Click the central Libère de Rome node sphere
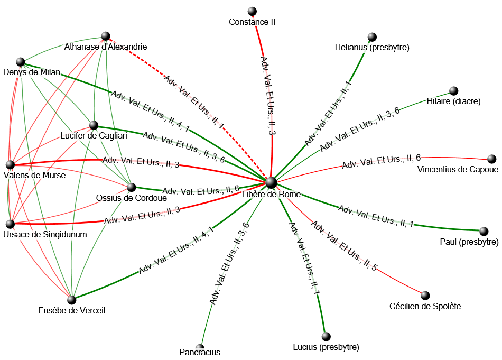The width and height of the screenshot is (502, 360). point(271,182)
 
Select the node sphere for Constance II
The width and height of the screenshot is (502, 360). point(252,12)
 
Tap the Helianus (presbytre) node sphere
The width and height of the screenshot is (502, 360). point(372,37)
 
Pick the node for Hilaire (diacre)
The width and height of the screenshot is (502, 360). point(453,91)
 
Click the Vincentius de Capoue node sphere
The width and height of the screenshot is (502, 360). point(491,159)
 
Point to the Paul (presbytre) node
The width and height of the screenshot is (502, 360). point(484,232)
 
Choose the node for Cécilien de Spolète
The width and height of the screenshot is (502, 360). point(425,295)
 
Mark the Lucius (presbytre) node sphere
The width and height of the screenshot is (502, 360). point(326,336)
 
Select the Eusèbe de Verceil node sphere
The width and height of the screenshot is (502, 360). point(71,300)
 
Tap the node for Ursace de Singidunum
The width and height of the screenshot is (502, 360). point(10,224)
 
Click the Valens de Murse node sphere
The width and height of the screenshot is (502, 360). point(10,164)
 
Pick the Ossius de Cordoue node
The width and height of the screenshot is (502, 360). point(132,187)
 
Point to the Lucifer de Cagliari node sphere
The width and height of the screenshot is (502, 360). point(94,125)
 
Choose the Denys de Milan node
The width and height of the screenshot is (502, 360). point(21,62)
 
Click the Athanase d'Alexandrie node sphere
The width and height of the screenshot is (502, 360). point(106,36)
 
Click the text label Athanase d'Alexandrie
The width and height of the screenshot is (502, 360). point(105,47)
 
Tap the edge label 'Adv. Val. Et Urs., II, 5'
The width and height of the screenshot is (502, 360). point(343,246)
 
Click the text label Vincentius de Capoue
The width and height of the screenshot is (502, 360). point(458,170)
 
